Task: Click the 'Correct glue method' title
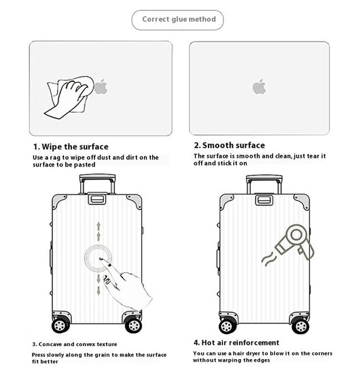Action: coord(179,19)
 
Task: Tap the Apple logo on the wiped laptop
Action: coord(101,86)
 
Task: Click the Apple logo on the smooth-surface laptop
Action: coord(259,86)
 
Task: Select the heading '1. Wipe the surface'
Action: coord(71,146)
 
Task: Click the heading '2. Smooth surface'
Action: coord(230,146)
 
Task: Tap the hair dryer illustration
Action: coord(295,241)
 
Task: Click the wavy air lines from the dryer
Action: coord(269,260)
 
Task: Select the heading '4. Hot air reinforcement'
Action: coord(236,343)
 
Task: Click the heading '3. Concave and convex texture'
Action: coord(75,344)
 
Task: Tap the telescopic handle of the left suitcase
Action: coord(97,183)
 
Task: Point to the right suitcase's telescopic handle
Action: coord(264,184)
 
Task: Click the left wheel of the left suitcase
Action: coord(60,325)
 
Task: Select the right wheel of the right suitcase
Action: coord(301,326)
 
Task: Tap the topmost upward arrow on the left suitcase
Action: coord(98,226)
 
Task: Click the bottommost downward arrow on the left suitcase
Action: coord(98,290)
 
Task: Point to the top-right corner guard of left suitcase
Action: coord(135,201)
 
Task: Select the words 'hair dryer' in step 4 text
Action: coord(247,354)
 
